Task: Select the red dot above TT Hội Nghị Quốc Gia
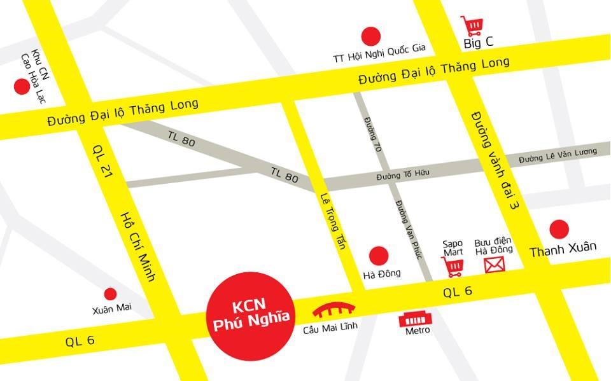pos(370,36)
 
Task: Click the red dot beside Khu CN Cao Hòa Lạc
pos(22,87)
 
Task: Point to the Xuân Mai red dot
pos(110,294)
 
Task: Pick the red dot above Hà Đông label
pos(379,256)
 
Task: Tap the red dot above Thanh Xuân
pos(559,229)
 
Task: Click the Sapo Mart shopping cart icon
pos(453,266)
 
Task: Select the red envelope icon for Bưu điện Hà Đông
pos(493,265)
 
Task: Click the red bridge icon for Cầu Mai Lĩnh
pos(334,310)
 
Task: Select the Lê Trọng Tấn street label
pos(334,221)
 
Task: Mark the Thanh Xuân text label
pos(563,249)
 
